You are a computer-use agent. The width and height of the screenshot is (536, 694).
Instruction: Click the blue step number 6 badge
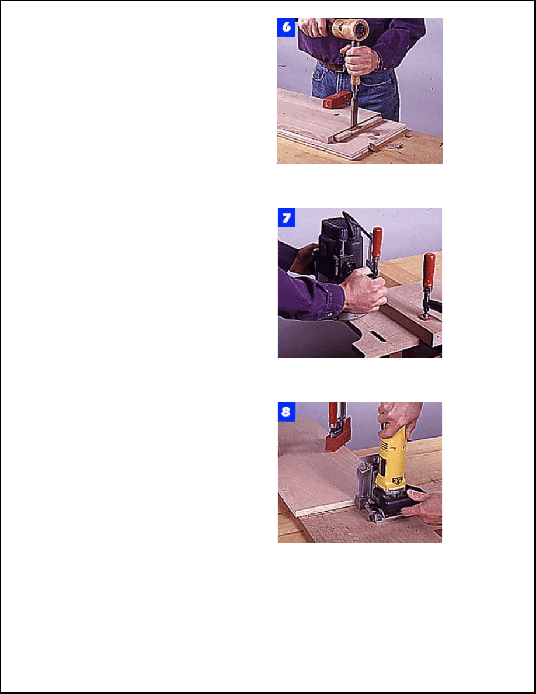pos(286,27)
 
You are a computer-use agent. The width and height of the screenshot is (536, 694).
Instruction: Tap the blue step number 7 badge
pos(287,218)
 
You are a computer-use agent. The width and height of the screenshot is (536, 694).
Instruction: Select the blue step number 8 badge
pos(286,412)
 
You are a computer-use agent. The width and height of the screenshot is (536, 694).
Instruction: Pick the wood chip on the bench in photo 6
pos(393,145)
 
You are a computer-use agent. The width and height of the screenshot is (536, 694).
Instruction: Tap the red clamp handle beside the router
pos(377,242)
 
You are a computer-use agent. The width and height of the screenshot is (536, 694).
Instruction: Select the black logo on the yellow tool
pos(398,480)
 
